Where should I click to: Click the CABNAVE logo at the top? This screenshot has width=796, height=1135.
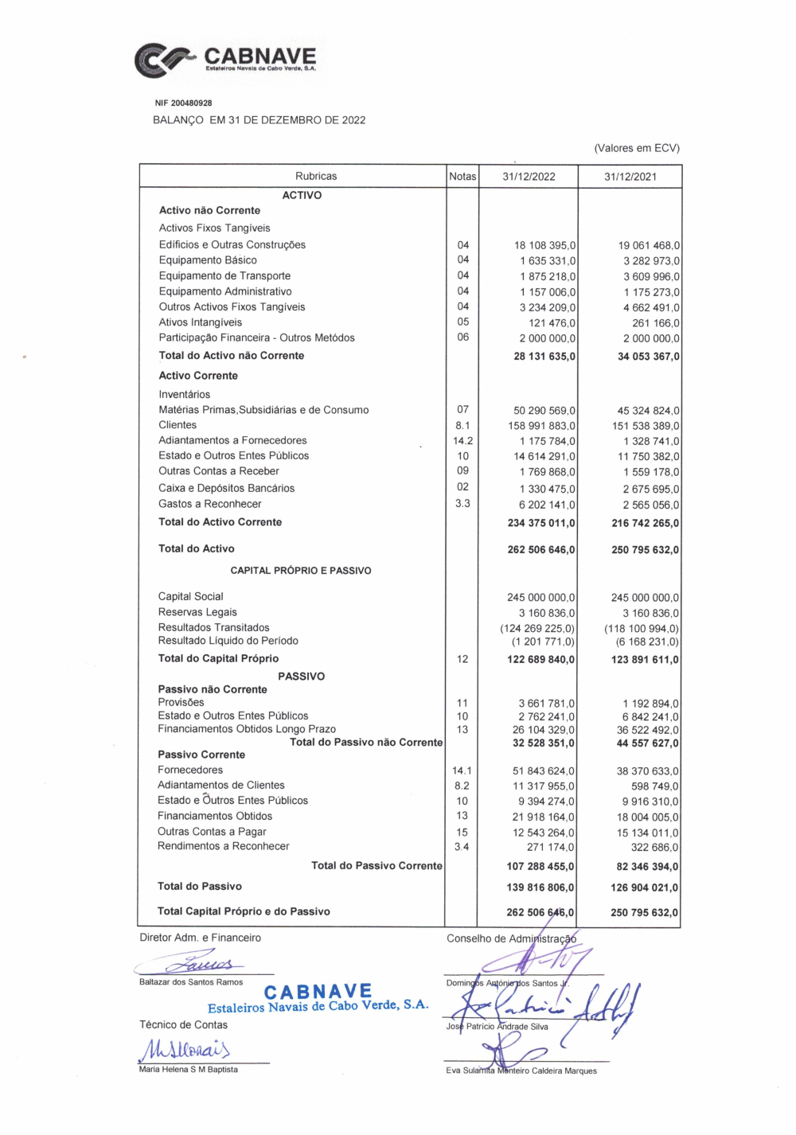click(226, 60)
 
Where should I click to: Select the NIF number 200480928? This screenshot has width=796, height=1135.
click(183, 103)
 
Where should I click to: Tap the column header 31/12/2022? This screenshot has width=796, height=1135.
click(529, 177)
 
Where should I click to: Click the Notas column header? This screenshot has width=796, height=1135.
click(462, 177)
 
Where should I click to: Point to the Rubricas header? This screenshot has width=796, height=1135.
click(316, 177)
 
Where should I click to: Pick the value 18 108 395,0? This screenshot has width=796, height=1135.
click(544, 246)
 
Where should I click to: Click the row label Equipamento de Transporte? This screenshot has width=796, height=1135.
click(224, 276)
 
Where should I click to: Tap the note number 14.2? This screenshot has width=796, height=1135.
click(462, 441)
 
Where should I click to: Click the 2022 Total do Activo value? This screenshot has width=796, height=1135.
click(541, 550)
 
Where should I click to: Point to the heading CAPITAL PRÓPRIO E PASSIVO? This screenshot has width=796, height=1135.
click(301, 571)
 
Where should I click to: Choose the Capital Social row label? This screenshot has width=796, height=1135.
click(190, 597)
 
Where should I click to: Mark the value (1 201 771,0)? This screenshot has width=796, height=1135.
click(543, 642)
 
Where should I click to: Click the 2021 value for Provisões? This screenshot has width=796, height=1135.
click(650, 704)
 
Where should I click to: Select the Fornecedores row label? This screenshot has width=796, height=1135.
click(190, 770)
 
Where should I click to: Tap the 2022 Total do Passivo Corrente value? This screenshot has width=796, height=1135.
click(540, 867)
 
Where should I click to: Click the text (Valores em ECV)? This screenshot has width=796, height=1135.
click(637, 148)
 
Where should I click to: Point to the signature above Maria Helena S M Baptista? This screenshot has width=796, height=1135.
click(185, 1050)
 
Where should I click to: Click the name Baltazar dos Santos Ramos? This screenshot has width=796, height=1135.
click(191, 982)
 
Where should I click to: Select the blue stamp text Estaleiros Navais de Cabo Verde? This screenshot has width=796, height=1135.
click(318, 1007)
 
